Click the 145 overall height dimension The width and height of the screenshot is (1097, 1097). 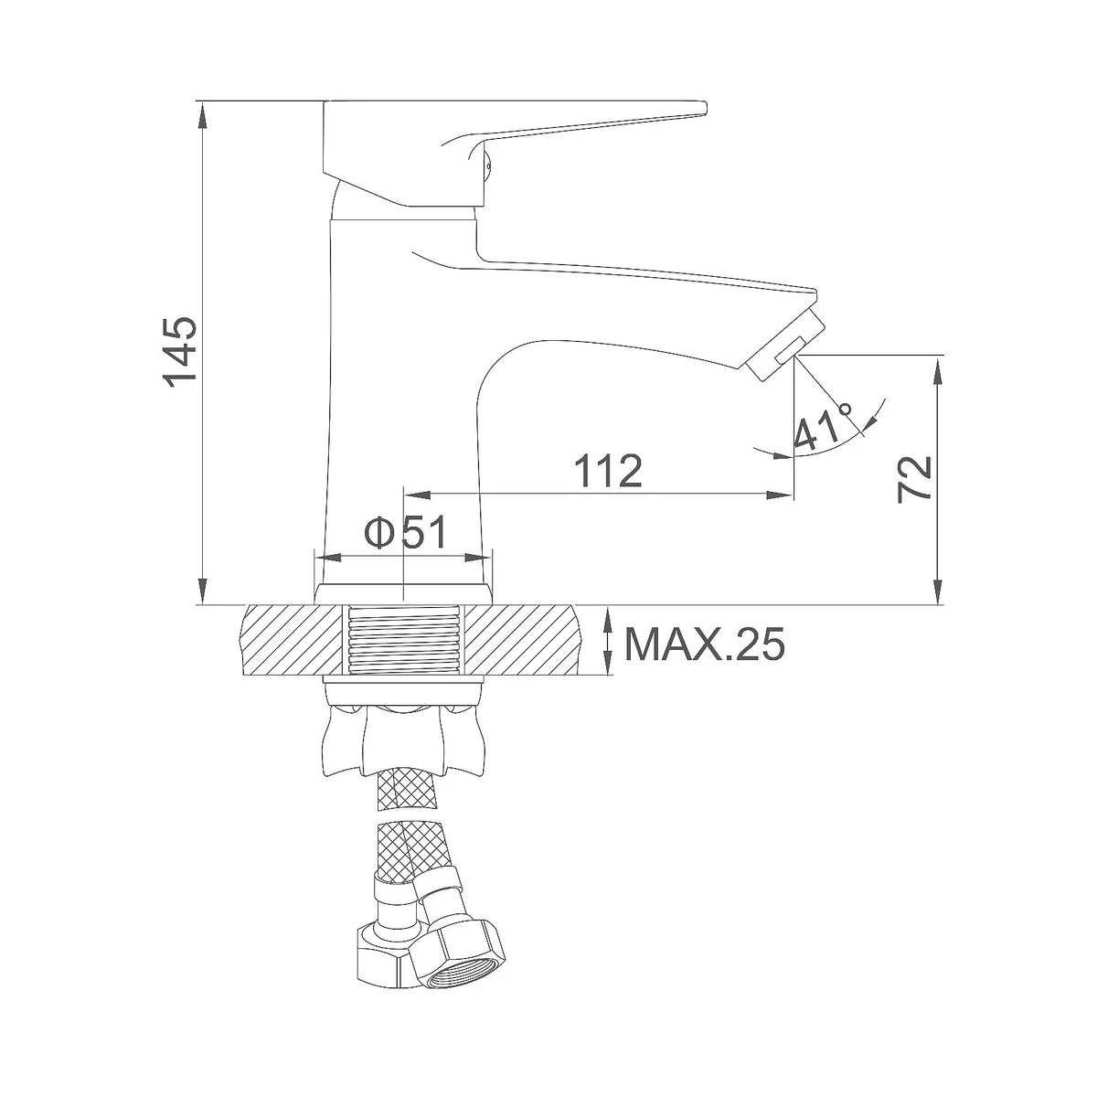tap(180, 352)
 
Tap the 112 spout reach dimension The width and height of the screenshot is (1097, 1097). tap(607, 471)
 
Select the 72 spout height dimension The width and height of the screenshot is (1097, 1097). tap(914, 479)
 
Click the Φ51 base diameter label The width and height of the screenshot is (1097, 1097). tap(406, 533)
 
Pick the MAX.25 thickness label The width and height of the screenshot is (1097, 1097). tap(705, 644)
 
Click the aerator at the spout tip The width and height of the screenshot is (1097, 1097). tap(784, 345)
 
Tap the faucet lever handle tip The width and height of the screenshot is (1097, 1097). tap(702, 108)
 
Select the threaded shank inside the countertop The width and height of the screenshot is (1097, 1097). tap(404, 640)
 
